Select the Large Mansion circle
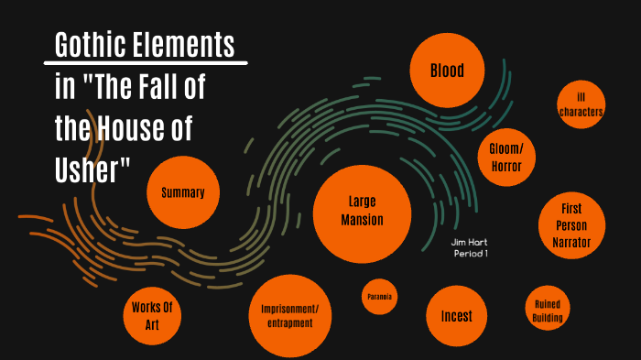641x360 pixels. (x=361, y=212)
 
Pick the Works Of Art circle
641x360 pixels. (x=153, y=313)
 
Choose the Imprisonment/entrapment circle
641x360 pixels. (x=289, y=315)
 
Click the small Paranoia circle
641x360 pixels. (x=379, y=297)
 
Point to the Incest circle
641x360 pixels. (x=456, y=316)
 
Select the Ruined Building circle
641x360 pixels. (x=548, y=311)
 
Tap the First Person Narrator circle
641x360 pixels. (x=571, y=225)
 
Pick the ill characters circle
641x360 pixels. (x=581, y=104)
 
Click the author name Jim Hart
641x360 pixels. (x=469, y=242)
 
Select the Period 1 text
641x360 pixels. (x=470, y=253)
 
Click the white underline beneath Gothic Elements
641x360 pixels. (x=146, y=63)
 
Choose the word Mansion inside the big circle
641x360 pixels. (x=362, y=220)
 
